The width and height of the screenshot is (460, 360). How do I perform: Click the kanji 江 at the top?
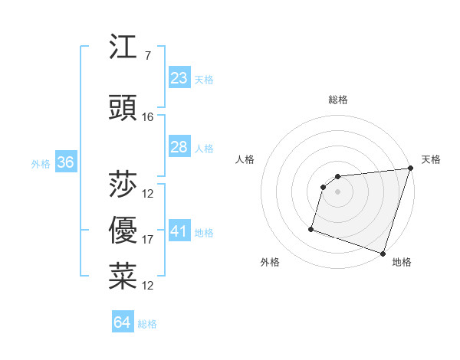click(x=123, y=48)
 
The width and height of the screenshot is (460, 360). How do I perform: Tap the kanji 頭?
click(x=123, y=108)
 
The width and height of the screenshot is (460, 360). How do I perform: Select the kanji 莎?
click(x=123, y=184)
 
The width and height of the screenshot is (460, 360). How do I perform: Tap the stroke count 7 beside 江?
click(x=147, y=57)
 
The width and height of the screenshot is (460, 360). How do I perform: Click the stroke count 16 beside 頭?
click(x=148, y=117)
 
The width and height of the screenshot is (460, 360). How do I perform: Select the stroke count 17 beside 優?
click(x=148, y=240)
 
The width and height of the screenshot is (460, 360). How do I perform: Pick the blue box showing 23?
click(x=179, y=77)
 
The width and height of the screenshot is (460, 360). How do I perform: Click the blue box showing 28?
click(x=179, y=146)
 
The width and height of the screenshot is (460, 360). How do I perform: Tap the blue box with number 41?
click(x=179, y=231)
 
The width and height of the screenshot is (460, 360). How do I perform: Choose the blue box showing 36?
click(x=65, y=162)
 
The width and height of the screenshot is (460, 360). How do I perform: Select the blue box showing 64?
click(x=123, y=322)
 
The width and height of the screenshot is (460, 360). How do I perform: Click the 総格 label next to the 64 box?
click(x=147, y=324)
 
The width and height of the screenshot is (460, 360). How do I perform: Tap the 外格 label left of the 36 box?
click(x=41, y=163)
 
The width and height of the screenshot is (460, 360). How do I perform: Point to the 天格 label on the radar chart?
click(x=431, y=159)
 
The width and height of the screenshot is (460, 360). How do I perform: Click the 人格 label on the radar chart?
click(x=245, y=159)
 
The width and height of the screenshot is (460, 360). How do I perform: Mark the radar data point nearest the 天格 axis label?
click(x=410, y=169)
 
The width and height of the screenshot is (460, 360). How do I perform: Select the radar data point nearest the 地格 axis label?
click(x=383, y=253)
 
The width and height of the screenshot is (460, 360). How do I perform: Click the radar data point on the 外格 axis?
click(x=311, y=228)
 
